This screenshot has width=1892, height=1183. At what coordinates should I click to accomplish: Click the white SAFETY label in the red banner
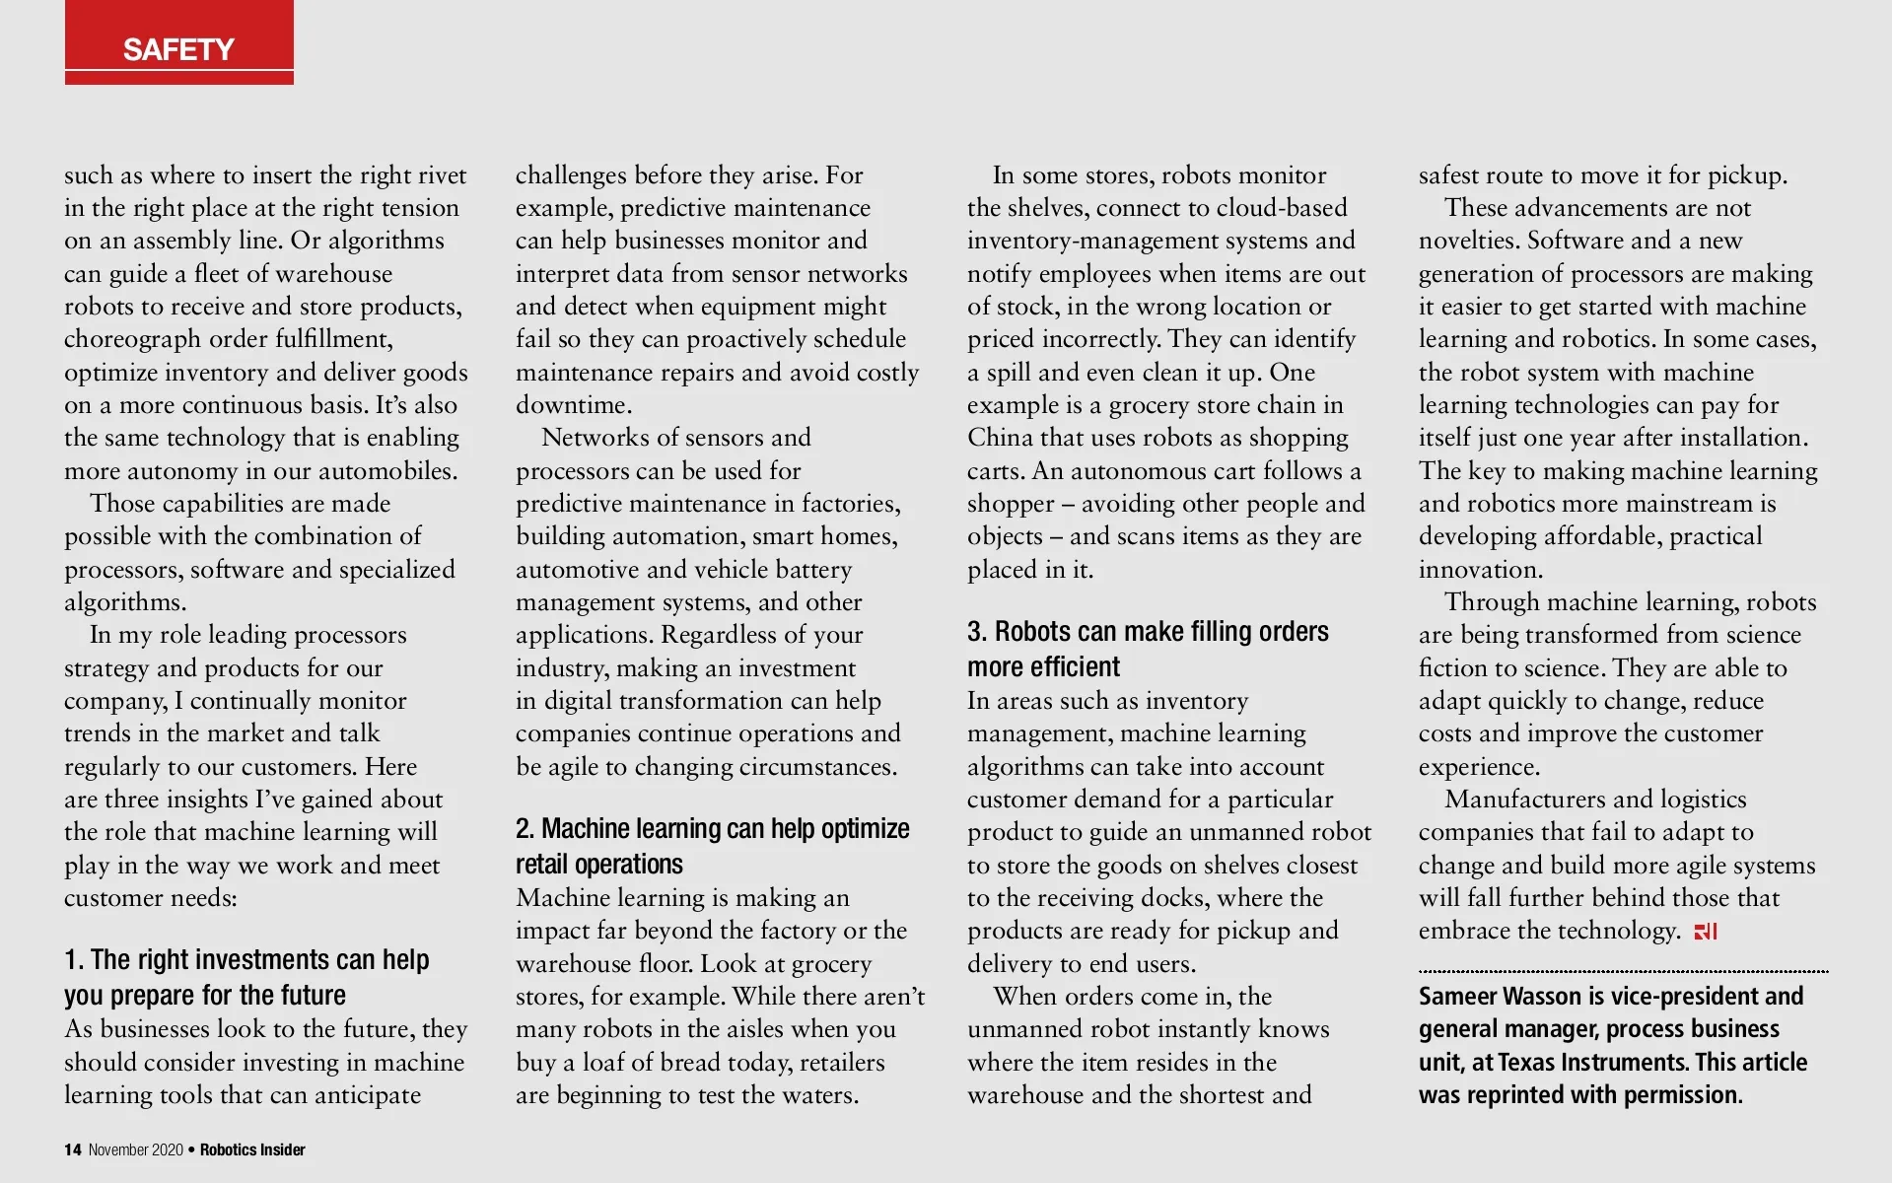(x=178, y=49)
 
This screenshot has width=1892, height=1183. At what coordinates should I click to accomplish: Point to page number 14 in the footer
(x=73, y=1149)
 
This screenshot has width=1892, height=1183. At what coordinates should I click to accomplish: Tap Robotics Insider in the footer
(x=252, y=1149)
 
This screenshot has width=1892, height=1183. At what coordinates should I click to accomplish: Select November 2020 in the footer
(x=136, y=1149)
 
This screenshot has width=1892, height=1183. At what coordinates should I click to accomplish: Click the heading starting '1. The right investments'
(x=246, y=959)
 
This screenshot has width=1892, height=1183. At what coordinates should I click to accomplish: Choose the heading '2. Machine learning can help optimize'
(x=712, y=828)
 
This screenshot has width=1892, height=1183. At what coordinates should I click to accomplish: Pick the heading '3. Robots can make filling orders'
(x=1148, y=631)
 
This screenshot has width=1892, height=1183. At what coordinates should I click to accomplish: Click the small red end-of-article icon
(x=1706, y=932)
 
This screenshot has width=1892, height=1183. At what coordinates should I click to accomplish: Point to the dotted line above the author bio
(x=1623, y=971)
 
